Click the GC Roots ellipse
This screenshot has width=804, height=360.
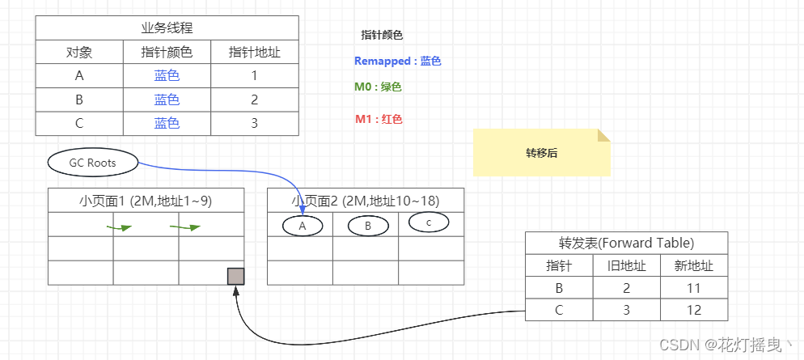[93, 163]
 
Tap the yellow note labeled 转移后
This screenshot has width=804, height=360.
[541, 152]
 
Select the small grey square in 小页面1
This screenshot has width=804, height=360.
[236, 276]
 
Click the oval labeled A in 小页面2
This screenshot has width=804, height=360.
[303, 227]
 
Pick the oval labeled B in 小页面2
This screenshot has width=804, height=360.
[368, 227]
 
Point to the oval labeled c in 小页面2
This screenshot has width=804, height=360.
[429, 222]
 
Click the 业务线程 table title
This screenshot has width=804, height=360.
[167, 28]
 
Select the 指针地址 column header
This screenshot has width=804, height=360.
[254, 52]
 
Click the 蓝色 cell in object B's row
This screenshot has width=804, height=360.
[167, 100]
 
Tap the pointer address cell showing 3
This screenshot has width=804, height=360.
[254, 124]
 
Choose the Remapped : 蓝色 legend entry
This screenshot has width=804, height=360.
[398, 61]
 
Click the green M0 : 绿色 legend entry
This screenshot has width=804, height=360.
[378, 87]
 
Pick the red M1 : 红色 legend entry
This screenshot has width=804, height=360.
[379, 120]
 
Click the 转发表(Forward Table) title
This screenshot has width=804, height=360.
[627, 243]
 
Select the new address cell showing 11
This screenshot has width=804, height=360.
[694, 288]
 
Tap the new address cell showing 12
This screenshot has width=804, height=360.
[694, 310]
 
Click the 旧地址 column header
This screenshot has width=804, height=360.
[627, 265]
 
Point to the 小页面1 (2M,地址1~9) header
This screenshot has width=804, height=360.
[146, 201]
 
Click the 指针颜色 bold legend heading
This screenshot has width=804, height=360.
[382, 36]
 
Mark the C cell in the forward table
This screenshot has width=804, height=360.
[560, 310]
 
